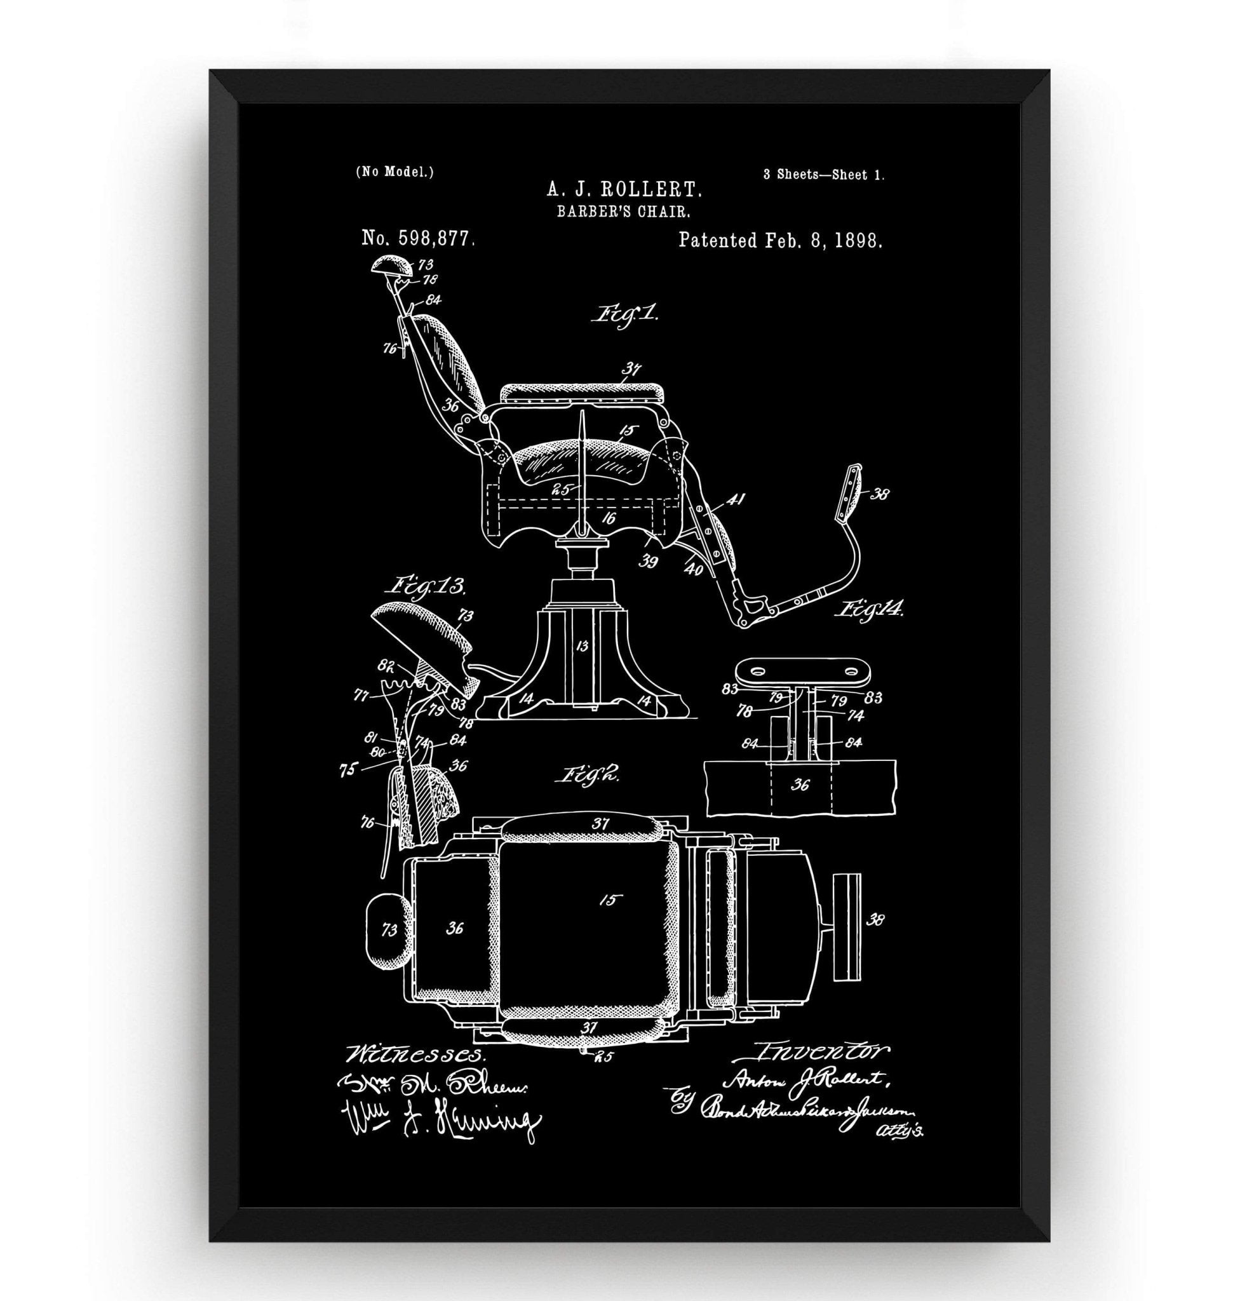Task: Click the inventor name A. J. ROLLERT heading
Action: pyautogui.click(x=624, y=191)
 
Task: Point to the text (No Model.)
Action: pyautogui.click(x=394, y=172)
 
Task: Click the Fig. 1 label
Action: pyautogui.click(x=625, y=313)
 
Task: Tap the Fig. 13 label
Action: pyautogui.click(x=428, y=586)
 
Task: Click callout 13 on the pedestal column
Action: pyautogui.click(x=581, y=645)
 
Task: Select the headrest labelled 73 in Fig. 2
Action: pyautogui.click(x=389, y=929)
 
